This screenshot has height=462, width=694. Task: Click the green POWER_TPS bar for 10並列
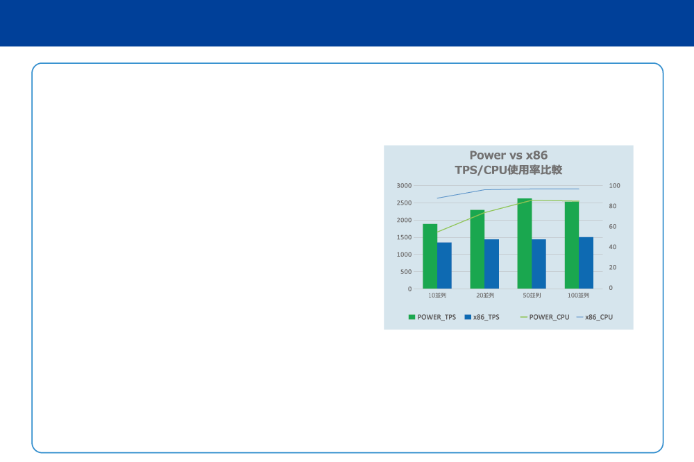[430, 256]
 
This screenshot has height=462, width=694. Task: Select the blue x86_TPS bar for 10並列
[444, 266]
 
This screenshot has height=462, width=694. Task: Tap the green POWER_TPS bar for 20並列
[477, 249]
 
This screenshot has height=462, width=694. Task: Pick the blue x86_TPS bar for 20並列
[492, 264]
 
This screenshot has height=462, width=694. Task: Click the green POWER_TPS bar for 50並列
[525, 243]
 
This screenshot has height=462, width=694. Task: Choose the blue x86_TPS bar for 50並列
[539, 264]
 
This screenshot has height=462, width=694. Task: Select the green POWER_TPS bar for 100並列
[572, 245]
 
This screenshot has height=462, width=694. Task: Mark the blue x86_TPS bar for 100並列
[586, 263]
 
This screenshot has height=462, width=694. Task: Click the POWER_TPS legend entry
[432, 317]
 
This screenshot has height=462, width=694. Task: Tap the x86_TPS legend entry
[482, 317]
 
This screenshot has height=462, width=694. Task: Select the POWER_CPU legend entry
[544, 317]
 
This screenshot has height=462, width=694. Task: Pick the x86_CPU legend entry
[595, 317]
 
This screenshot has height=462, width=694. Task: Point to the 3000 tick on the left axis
[404, 185]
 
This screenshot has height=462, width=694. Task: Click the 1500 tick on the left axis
[404, 237]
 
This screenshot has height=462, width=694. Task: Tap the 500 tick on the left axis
[406, 272]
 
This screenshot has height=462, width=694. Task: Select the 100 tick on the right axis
[614, 185]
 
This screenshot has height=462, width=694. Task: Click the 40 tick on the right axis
[613, 247]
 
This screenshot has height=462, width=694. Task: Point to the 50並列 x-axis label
[532, 296]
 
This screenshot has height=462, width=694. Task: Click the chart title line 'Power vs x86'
[509, 155]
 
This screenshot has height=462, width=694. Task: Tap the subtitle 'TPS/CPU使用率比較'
[509, 170]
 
